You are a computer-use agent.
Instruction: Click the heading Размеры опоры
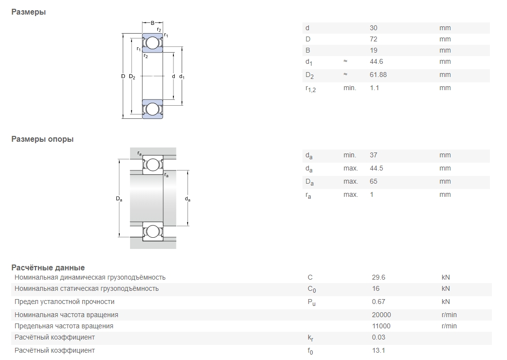[x=42, y=139]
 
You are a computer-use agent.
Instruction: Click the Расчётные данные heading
[x=48, y=267]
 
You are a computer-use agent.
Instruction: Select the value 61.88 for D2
[x=378, y=75]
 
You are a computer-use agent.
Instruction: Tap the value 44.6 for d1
[x=376, y=62]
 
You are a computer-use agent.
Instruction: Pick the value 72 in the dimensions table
[x=374, y=39]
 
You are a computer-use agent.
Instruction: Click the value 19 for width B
[x=374, y=50]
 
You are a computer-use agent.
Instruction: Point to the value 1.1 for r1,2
[x=375, y=88]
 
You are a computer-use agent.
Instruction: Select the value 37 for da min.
[x=374, y=155]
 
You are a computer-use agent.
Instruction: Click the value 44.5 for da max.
[x=376, y=169]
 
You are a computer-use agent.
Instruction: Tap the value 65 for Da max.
[x=374, y=182]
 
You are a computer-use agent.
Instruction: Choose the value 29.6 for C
[x=378, y=277]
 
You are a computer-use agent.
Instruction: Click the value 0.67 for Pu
[x=378, y=302]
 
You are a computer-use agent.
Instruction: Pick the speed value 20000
[x=381, y=315]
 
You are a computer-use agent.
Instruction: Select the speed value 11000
[x=381, y=326]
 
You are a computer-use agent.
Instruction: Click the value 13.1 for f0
[x=378, y=350]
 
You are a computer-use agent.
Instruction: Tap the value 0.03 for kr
[x=378, y=337]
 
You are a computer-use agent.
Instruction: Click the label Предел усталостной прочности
[x=64, y=302]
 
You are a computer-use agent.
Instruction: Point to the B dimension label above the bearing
[x=152, y=23]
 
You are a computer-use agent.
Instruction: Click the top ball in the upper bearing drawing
[x=152, y=43]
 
